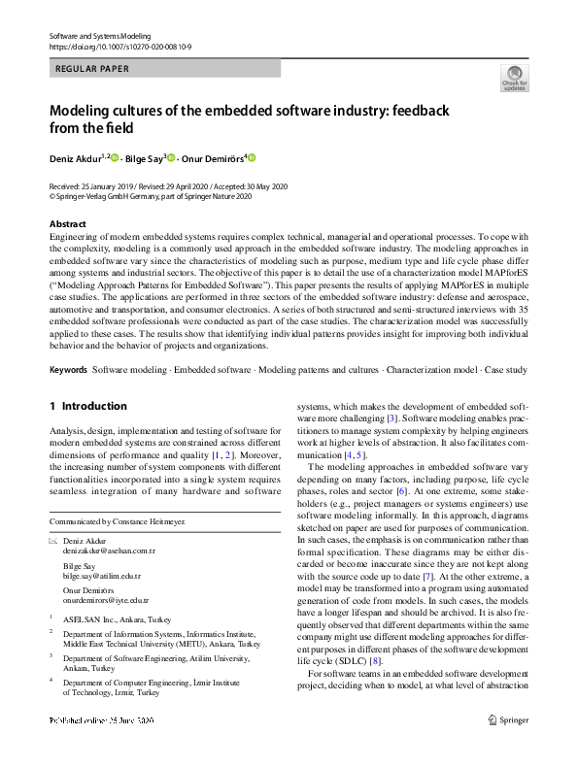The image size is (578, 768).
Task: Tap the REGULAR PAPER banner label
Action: coord(94,68)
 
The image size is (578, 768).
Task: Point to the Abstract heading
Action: coord(67,223)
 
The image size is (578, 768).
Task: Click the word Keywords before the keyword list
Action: coord(68,371)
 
